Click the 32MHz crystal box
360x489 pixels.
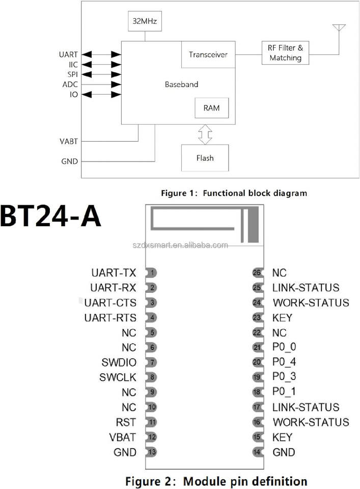click(x=145, y=21)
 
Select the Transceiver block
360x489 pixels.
click(x=208, y=55)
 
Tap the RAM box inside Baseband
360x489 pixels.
click(x=212, y=108)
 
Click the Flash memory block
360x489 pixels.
click(x=205, y=158)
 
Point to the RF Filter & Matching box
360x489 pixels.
click(x=285, y=52)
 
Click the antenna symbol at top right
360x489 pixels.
click(x=339, y=28)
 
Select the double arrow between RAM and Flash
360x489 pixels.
click(x=205, y=134)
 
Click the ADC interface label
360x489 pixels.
click(x=70, y=85)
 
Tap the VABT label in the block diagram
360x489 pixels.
click(x=69, y=141)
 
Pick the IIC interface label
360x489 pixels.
click(x=73, y=65)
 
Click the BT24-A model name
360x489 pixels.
click(x=50, y=216)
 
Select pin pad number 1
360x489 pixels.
click(x=151, y=273)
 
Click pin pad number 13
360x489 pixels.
click(x=151, y=452)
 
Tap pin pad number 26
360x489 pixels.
click(x=258, y=273)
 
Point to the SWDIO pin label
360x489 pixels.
click(x=119, y=362)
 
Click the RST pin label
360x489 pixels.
click(x=126, y=422)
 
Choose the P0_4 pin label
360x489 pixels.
click(x=284, y=362)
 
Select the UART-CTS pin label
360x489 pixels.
click(x=110, y=303)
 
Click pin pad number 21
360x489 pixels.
click(x=258, y=347)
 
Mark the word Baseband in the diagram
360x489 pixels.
click(x=181, y=84)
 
